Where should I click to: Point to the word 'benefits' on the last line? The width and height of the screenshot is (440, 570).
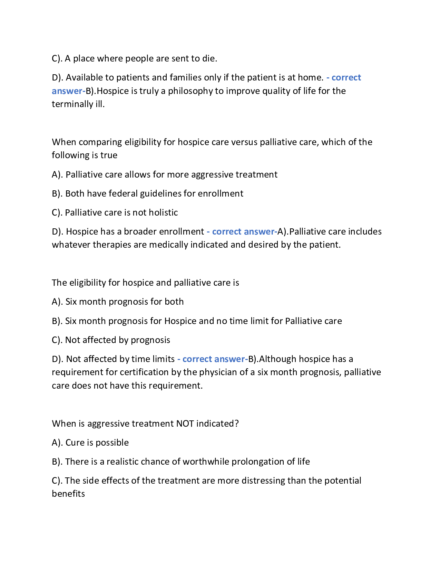pos(68,494)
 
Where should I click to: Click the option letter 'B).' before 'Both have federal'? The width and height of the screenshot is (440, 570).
pos(57,193)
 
